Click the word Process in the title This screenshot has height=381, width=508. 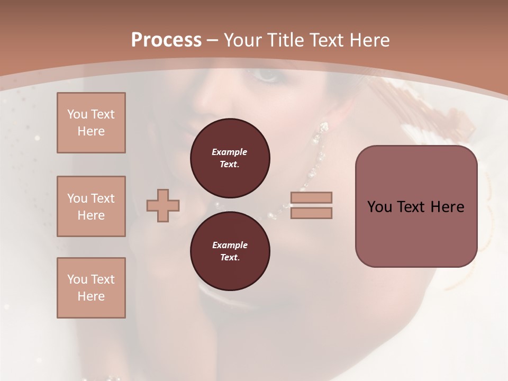coord(166,40)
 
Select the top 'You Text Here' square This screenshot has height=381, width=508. coord(91,123)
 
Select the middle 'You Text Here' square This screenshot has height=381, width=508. coord(91,206)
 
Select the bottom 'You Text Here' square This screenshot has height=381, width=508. coord(91,288)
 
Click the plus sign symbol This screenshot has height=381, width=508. coord(163,205)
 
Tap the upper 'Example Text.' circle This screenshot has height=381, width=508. coord(230,158)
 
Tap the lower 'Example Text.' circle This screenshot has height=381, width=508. coord(230,251)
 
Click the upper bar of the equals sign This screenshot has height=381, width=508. coord(311,197)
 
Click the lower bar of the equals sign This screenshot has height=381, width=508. coord(311,213)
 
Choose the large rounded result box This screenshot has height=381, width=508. coord(416,206)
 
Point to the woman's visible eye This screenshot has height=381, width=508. coord(267,75)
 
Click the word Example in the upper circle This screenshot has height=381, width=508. coord(229,152)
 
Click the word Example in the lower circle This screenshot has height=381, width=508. coord(230,245)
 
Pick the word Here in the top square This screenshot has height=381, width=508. coord(91,131)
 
